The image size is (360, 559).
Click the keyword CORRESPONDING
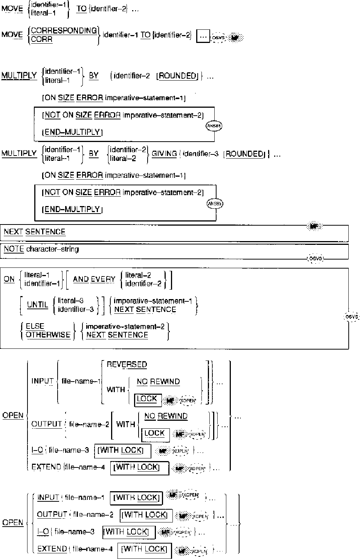(64, 31)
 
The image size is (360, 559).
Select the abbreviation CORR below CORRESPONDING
(41, 39)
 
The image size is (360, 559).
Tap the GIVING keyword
(164, 154)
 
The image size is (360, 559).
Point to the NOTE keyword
(14, 249)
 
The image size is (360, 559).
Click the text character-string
(52, 249)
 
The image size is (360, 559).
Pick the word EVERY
(103, 279)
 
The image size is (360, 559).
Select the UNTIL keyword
(38, 305)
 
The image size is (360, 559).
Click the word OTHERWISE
(48, 334)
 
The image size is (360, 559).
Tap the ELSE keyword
(35, 326)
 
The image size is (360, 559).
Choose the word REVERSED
(127, 364)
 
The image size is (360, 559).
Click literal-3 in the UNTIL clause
(71, 301)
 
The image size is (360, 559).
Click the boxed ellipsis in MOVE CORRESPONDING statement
(203, 36)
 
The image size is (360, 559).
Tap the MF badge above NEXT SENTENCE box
(314, 226)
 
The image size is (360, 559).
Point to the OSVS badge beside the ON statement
(352, 317)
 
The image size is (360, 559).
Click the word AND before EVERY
(81, 279)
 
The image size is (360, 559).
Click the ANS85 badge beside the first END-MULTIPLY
(214, 126)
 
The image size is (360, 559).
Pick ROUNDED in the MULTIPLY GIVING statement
(244, 154)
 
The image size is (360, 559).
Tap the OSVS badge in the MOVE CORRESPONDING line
(218, 38)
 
